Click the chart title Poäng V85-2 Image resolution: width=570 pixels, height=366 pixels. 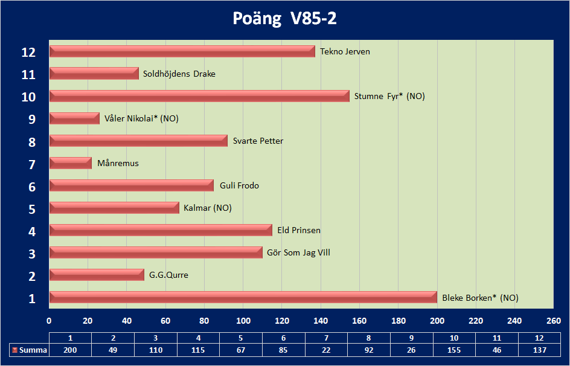pyautogui.click(x=284, y=19)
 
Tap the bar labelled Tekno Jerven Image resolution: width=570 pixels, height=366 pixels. pyautogui.click(x=182, y=51)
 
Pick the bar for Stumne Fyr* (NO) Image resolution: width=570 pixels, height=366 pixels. pyautogui.click(x=199, y=96)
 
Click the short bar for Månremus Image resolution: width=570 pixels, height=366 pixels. pyautogui.click(x=70, y=163)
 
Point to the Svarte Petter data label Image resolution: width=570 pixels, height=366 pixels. pyautogui.click(x=258, y=141)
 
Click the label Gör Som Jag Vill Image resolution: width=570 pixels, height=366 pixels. pyautogui.click(x=298, y=252)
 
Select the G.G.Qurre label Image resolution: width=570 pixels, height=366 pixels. pyautogui.click(x=168, y=275)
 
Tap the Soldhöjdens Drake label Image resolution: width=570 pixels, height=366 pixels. pyautogui.click(x=179, y=74)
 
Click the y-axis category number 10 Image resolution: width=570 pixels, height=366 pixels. pyautogui.click(x=28, y=97)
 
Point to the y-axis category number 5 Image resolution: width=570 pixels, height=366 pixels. pyautogui.click(x=32, y=210)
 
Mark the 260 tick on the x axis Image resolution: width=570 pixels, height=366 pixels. pyautogui.click(x=553, y=321)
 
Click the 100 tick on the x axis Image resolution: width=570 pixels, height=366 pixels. pyautogui.click(x=243, y=321)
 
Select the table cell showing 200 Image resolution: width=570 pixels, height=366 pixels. pyautogui.click(x=70, y=350)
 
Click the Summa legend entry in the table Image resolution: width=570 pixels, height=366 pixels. pyautogui.click(x=28, y=350)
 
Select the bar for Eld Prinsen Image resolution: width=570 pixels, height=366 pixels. pyautogui.click(x=161, y=230)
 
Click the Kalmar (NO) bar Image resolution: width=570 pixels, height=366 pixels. pyautogui.click(x=114, y=208)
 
